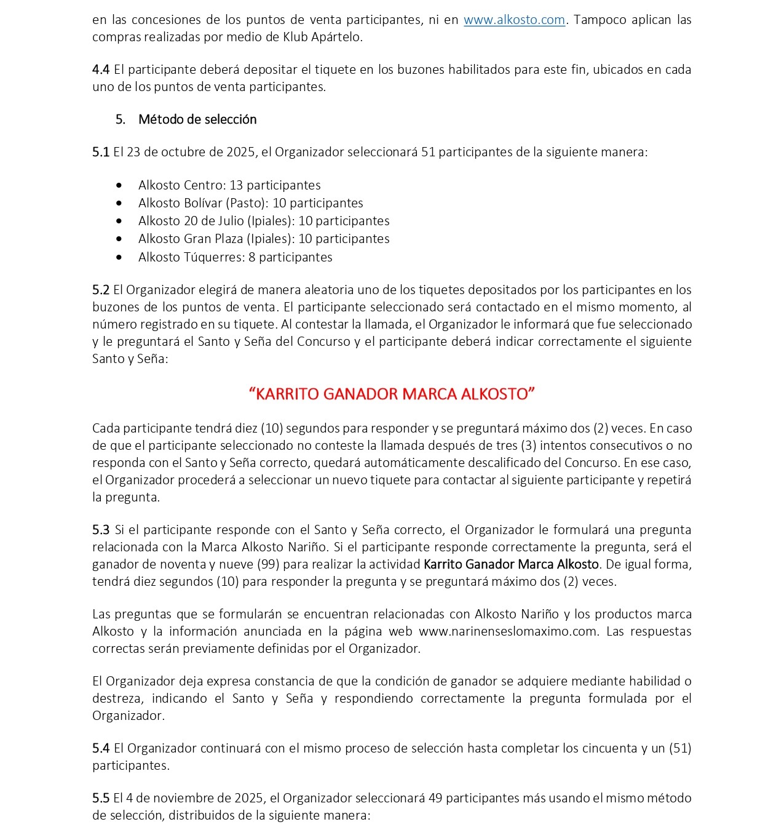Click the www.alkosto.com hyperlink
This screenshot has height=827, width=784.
pyautogui.click(x=514, y=20)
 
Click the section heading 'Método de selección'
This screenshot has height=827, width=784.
pyautogui.click(x=197, y=119)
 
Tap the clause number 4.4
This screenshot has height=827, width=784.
pyautogui.click(x=101, y=70)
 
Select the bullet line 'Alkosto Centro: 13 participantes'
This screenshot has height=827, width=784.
pyautogui.click(x=229, y=185)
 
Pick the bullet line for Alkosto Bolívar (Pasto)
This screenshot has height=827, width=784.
pyautogui.click(x=250, y=203)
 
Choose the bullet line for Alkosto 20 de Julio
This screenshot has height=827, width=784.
pyautogui.click(x=264, y=221)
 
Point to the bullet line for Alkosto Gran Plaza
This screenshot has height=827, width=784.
pyautogui.click(x=264, y=239)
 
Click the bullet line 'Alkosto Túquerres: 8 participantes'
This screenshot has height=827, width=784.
pyautogui.click(x=235, y=257)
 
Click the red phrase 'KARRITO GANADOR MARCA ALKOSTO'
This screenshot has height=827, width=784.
pyautogui.click(x=392, y=394)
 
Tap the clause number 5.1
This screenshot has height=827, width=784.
pyautogui.click(x=101, y=152)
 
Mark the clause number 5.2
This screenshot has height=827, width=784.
pyautogui.click(x=101, y=290)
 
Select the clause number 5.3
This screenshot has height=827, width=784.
pyautogui.click(x=101, y=530)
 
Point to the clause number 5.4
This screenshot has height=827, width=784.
pyautogui.click(x=101, y=748)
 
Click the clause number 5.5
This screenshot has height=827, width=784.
pyautogui.click(x=101, y=798)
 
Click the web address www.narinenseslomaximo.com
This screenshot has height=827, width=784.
pyautogui.click(x=507, y=631)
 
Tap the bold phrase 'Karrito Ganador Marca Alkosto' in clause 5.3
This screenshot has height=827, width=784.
pyautogui.click(x=511, y=564)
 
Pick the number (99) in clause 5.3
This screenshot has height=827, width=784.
pyautogui.click(x=268, y=564)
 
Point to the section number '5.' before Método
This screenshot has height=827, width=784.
pyautogui.click(x=121, y=119)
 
